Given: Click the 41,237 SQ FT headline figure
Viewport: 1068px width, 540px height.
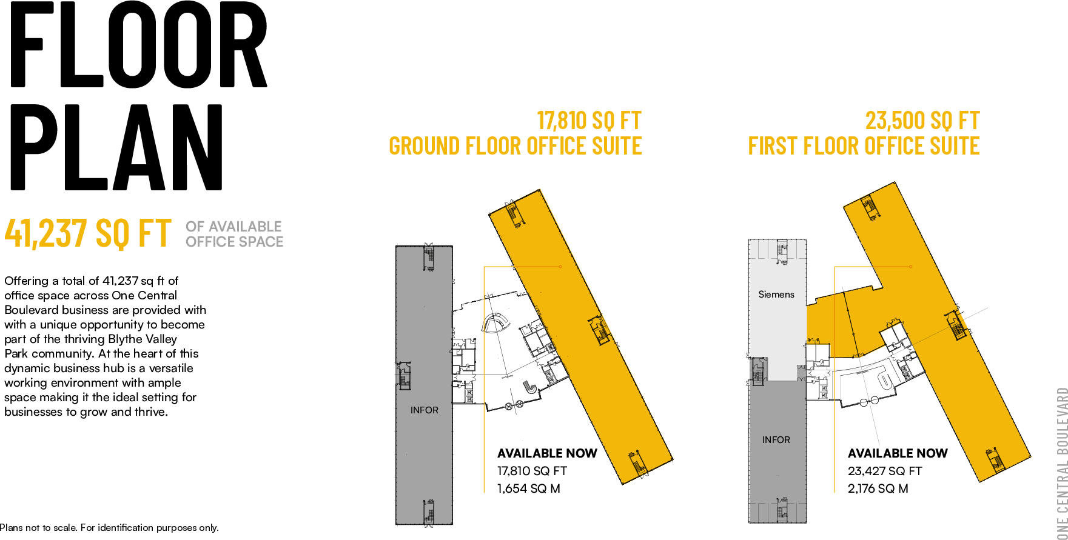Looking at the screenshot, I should coord(88,233).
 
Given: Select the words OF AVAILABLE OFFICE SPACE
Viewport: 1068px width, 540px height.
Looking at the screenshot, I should coord(234,234).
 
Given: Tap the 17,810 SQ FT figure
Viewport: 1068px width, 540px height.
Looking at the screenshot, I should coord(589,121).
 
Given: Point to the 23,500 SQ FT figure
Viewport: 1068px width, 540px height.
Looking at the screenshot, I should coord(922,121).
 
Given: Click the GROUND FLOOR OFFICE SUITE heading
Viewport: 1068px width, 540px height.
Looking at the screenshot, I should coord(515,146).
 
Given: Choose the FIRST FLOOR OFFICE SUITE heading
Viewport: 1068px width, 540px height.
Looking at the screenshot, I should coord(864,146).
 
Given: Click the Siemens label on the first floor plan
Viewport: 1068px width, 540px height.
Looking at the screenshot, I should coord(776,295).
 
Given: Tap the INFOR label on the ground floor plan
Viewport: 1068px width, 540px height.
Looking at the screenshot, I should coord(424,410).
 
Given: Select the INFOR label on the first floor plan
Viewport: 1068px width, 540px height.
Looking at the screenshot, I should coord(776,440).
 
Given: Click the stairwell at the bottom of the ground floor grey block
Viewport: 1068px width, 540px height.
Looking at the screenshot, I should coord(429,512).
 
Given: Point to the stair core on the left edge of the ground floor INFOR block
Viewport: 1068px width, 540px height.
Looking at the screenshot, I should coord(403,375).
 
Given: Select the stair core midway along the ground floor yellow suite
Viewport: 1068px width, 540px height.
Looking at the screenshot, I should coord(600,331).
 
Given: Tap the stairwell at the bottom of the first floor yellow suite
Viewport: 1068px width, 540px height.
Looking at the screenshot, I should coord(995,461).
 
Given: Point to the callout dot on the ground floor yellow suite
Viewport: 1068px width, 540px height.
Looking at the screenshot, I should coord(560,267).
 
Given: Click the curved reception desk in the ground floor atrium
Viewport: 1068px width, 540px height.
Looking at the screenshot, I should coord(497,323).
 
